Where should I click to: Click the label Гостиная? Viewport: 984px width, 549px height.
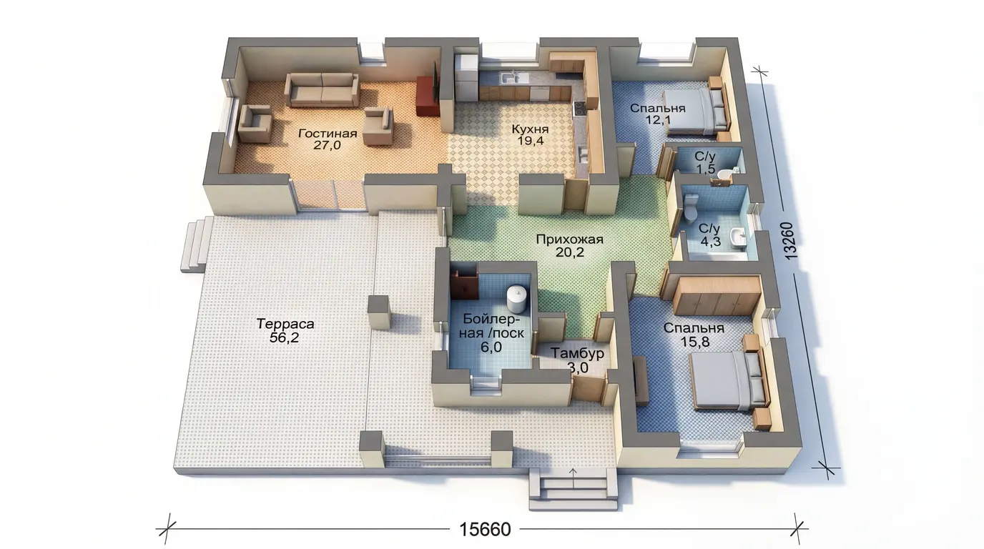pos(328,133)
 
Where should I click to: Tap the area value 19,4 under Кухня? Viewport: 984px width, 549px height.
pos(530,141)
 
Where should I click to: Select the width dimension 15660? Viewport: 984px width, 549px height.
pos(485,529)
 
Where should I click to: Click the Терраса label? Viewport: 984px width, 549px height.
pos(285,324)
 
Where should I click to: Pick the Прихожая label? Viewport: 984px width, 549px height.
pos(569,239)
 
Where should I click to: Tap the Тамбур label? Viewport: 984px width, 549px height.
pos(577,353)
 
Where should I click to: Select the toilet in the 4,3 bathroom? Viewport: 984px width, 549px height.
pos(691,207)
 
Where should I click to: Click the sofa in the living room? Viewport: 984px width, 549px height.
pos(322,90)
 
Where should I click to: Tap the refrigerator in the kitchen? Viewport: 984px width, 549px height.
pos(466,77)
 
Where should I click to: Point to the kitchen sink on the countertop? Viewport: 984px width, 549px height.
pos(511,78)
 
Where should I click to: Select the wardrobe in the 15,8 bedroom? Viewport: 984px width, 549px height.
pos(717,295)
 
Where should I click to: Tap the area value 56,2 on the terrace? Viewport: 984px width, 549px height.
pos(284,337)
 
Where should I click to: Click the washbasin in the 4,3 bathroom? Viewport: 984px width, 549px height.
pos(739,237)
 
